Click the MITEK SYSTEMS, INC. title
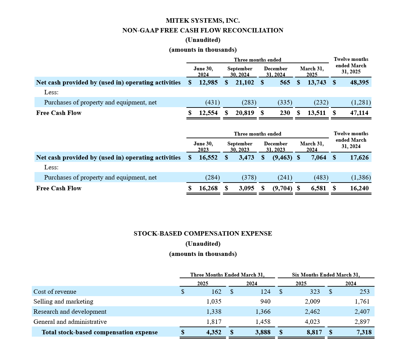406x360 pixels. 203,21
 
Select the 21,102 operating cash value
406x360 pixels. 245,82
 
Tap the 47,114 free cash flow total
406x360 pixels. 359,113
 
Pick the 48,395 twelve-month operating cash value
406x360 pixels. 359,82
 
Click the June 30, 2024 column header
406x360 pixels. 203,72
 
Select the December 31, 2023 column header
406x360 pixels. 275,147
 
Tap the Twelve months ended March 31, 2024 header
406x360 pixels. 351,140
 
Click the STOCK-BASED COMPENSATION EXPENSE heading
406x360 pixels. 203,234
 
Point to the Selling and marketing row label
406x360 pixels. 63,302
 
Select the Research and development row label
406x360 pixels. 70,312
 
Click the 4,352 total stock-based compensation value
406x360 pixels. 214,332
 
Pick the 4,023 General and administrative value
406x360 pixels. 312,322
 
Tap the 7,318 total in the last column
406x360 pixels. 364,332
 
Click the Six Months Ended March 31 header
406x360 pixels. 326,275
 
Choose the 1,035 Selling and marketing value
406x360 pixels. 214,302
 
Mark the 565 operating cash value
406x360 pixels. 285,82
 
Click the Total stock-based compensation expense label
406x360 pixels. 99,332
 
